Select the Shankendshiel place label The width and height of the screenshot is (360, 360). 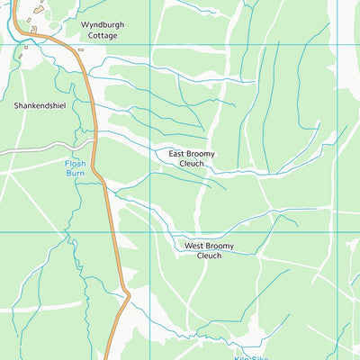(x=40, y=105)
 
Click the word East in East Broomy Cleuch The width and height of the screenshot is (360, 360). (x=179, y=154)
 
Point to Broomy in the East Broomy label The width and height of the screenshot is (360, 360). (x=204, y=154)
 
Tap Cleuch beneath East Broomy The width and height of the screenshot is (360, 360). (x=192, y=164)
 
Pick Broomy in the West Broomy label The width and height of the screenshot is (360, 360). (x=220, y=246)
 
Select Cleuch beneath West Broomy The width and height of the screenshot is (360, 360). (x=208, y=256)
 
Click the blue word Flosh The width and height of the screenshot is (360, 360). (x=75, y=163)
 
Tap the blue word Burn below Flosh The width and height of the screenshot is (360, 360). (x=75, y=173)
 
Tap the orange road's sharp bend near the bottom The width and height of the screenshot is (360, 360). (x=129, y=294)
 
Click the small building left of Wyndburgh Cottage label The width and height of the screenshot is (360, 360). (x=34, y=30)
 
